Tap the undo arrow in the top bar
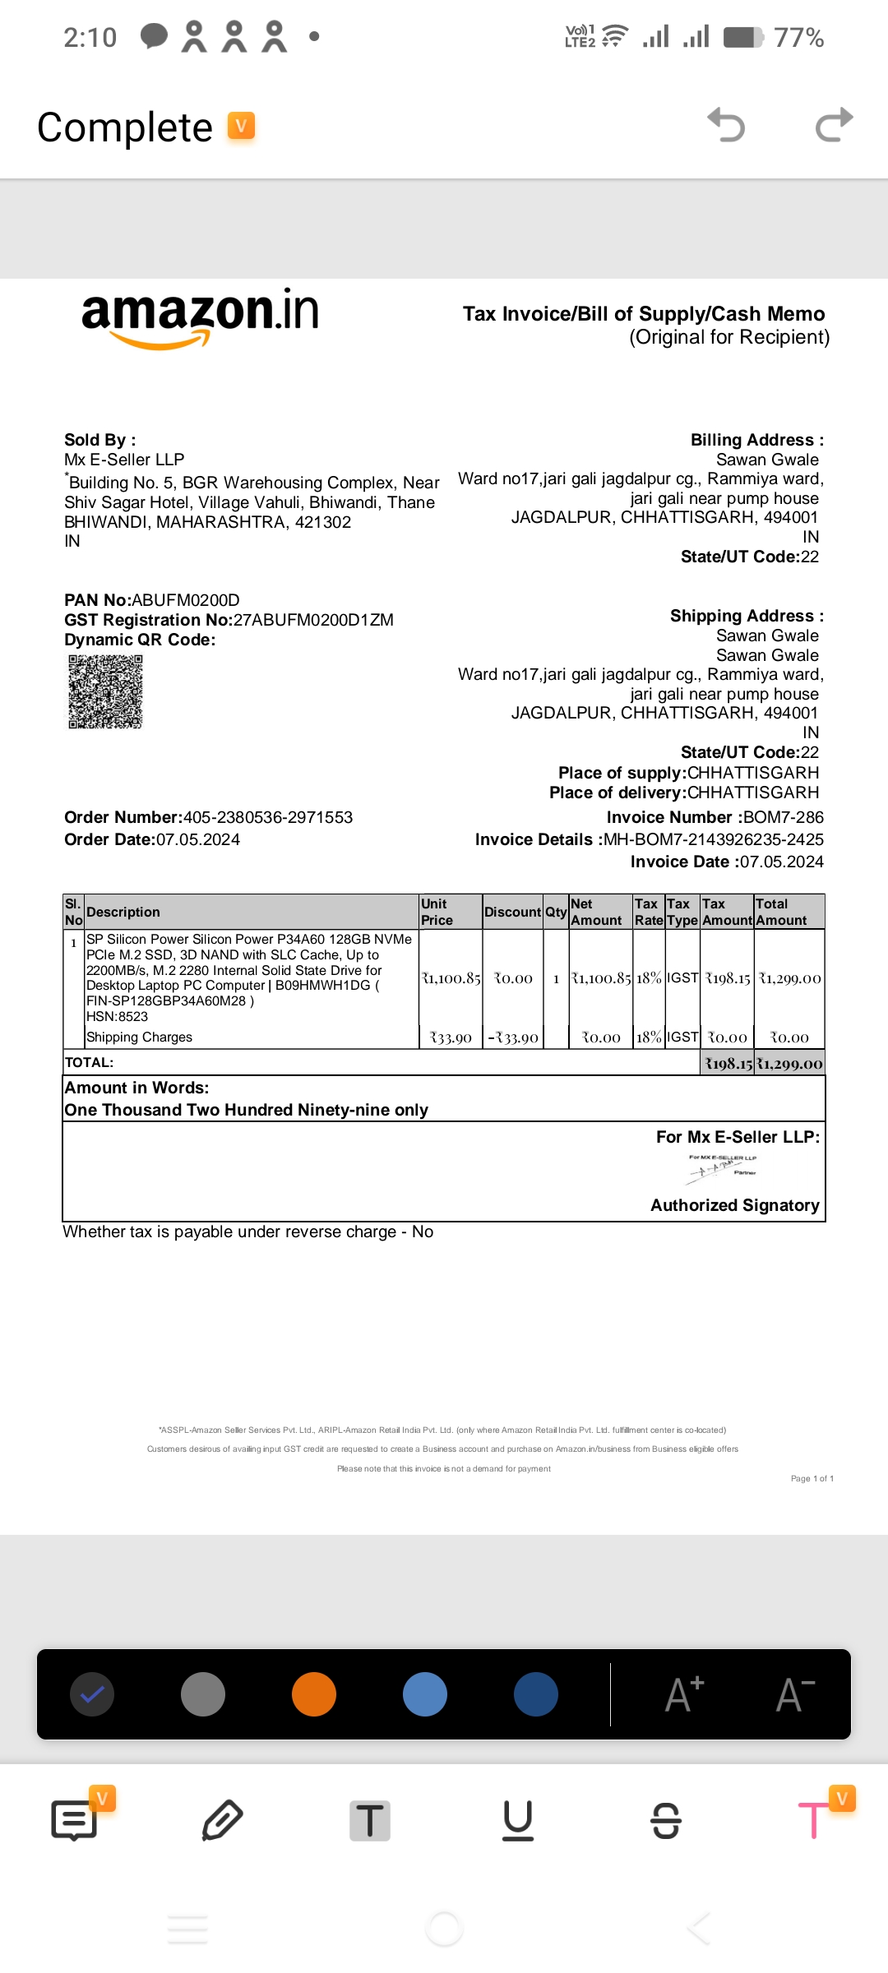coord(726,126)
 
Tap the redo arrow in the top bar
coord(834,126)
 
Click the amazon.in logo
coord(200,317)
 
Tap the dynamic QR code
coord(105,691)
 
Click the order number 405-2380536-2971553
coord(267,817)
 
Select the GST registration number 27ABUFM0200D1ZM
coord(313,620)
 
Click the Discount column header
coord(512,912)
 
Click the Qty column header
coord(556,912)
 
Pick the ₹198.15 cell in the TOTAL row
coord(728,1063)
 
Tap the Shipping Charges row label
coord(139,1037)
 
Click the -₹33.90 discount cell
coord(513,1037)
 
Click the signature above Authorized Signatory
coord(722,1167)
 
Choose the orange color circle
coord(314,1694)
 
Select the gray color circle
coord(202,1694)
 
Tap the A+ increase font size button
coord(684,1694)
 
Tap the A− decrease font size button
coord(795,1694)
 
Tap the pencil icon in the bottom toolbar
coord(222,1820)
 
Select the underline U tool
coord(518,1820)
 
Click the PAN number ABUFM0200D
coord(186,600)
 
